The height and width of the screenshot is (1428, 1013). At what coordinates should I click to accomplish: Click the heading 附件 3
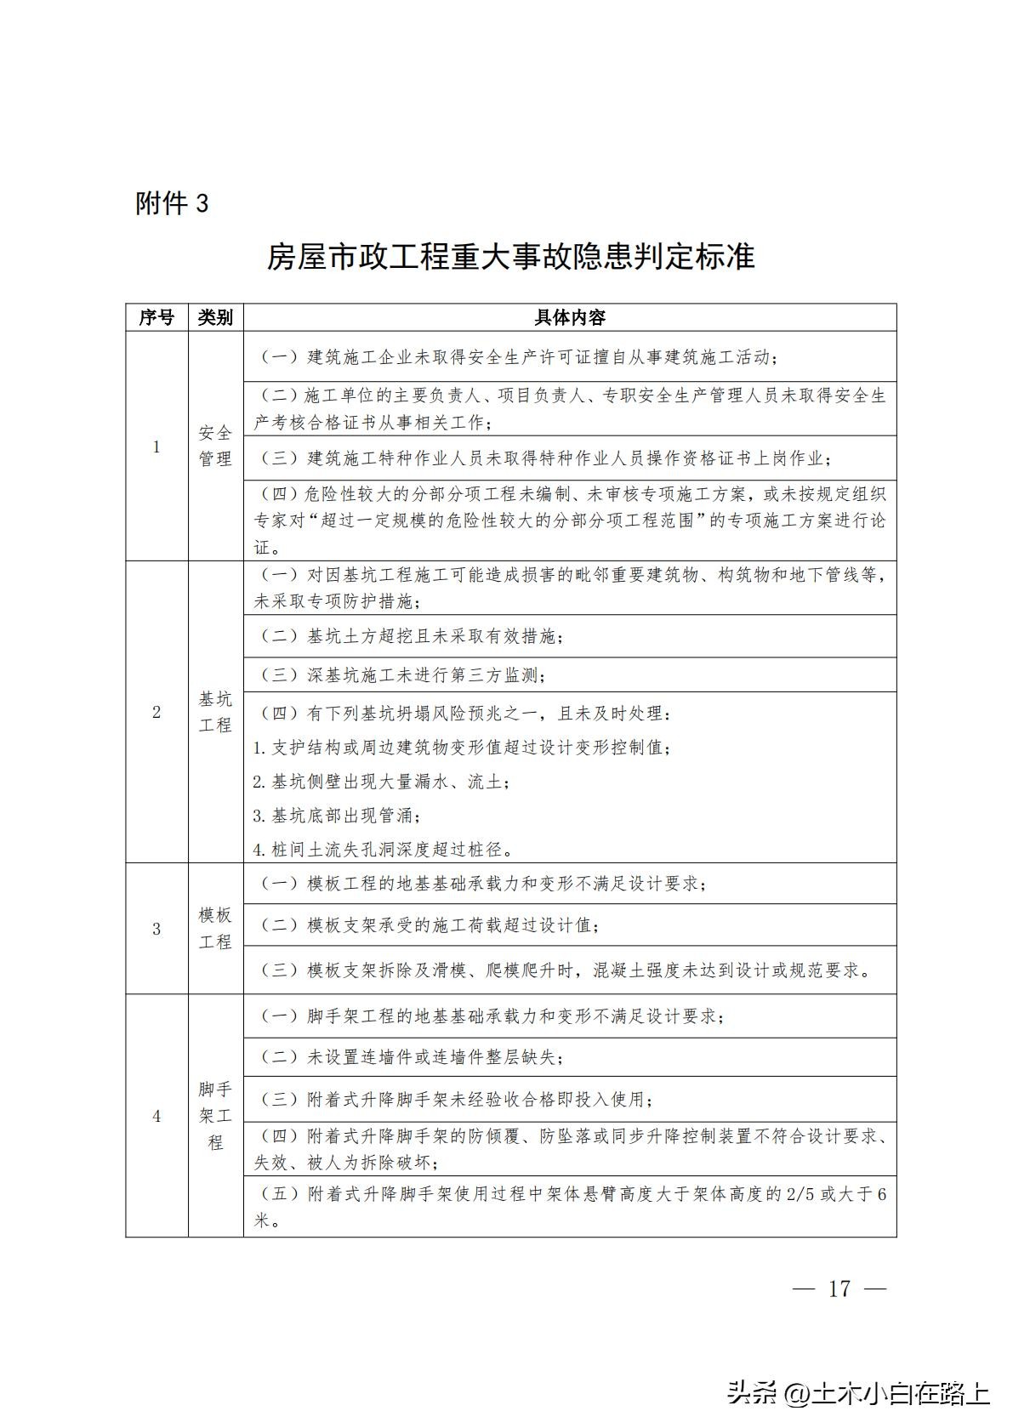[x=172, y=204]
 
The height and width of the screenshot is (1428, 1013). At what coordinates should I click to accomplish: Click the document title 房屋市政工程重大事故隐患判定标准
[x=510, y=256]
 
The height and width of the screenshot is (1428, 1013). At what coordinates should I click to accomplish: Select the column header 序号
[x=157, y=317]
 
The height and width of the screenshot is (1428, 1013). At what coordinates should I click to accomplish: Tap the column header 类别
[x=215, y=317]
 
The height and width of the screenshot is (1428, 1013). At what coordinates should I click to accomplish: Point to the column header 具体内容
[x=569, y=317]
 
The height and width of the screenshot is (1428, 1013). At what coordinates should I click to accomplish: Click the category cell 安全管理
[x=215, y=446]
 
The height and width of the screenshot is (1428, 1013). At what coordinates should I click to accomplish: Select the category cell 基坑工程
[x=215, y=712]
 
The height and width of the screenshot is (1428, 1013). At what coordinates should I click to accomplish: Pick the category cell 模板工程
[x=215, y=929]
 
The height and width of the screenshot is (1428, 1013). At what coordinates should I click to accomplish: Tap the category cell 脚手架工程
[x=215, y=1115]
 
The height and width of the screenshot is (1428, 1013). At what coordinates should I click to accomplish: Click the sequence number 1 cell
[x=157, y=446]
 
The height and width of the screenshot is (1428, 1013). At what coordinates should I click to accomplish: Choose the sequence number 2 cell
[x=157, y=712]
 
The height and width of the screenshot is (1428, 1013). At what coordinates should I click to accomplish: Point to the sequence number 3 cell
[x=157, y=929]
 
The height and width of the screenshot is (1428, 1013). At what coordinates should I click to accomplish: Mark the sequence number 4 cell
[x=157, y=1115]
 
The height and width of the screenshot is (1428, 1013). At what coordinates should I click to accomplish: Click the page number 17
[x=839, y=1289]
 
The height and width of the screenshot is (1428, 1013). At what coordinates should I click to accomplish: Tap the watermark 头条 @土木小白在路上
[x=857, y=1393]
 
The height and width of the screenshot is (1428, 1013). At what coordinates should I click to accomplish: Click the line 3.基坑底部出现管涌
[x=337, y=816]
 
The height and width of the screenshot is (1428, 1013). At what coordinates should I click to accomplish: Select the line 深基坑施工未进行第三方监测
[x=400, y=675]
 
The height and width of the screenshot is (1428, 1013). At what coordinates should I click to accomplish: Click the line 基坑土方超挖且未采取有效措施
[x=408, y=636]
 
